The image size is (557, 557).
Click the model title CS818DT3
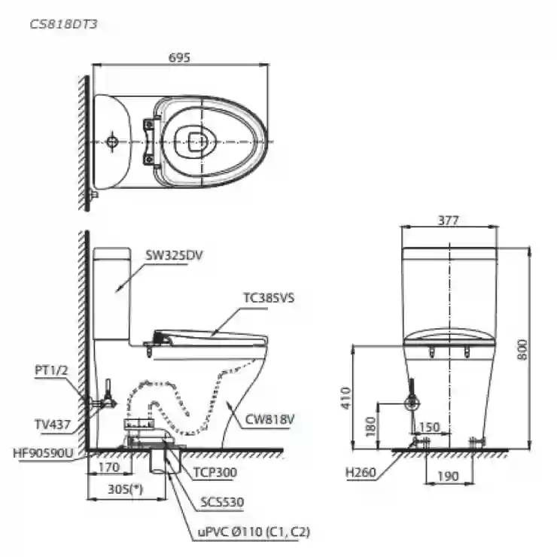(63, 24)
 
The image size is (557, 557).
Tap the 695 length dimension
(179, 57)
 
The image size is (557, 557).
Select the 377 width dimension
(449, 221)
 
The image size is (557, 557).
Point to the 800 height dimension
(522, 350)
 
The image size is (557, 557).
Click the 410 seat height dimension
(345, 398)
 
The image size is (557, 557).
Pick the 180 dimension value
(370, 426)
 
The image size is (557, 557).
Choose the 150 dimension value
(430, 427)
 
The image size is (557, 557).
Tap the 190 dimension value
(449, 476)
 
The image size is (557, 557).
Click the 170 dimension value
(108, 467)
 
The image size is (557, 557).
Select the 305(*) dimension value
(126, 489)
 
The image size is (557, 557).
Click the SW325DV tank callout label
(174, 255)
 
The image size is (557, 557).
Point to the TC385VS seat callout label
(269, 297)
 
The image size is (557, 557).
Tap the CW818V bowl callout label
(270, 419)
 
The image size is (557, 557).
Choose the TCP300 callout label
(215, 472)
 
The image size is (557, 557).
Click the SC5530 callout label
(222, 502)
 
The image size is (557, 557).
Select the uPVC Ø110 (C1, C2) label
(254, 531)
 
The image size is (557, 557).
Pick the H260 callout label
(361, 472)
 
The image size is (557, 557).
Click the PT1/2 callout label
(51, 370)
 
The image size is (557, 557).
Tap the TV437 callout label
(53, 424)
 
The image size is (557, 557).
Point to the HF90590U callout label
(43, 453)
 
